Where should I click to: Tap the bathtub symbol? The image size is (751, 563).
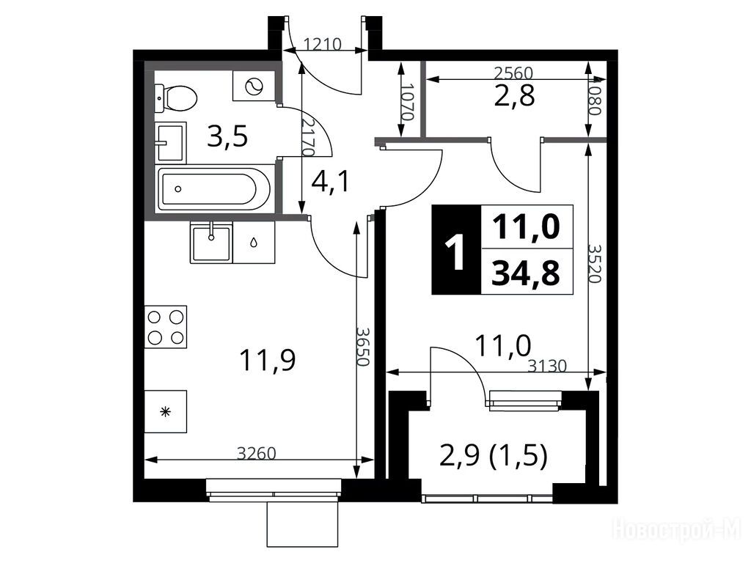[x=215, y=189]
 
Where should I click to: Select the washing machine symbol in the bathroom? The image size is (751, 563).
[x=254, y=87]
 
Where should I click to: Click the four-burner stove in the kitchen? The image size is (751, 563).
[x=166, y=326]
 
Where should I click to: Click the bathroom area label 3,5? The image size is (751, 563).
[x=227, y=136]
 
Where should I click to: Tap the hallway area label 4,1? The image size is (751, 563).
[x=331, y=182]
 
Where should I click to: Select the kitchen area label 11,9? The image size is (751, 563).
[x=268, y=360]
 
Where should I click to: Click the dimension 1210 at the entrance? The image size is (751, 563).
[x=323, y=45]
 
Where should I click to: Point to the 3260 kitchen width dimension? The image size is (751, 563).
[x=257, y=453]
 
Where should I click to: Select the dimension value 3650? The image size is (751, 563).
[x=364, y=347]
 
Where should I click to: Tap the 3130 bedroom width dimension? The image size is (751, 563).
[x=547, y=367]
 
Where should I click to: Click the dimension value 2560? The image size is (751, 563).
[x=513, y=73]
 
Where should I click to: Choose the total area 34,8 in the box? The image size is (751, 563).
[x=526, y=273]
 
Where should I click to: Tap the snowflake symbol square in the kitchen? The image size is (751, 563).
[x=166, y=412]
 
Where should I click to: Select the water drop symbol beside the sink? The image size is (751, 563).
[x=254, y=242]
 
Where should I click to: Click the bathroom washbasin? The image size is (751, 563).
[x=170, y=141]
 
